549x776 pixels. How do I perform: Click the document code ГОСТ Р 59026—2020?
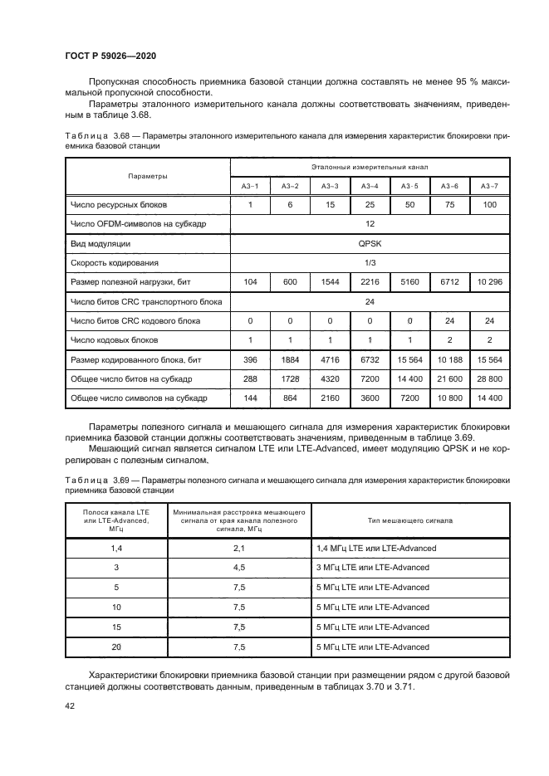(110, 56)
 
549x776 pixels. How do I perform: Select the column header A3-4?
(370, 186)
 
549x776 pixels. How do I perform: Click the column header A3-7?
(490, 186)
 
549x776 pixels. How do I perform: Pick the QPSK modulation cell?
(370, 244)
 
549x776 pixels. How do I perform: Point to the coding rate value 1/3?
(370, 263)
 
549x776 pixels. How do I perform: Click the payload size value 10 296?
(490, 282)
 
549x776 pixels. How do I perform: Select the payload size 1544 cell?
(330, 282)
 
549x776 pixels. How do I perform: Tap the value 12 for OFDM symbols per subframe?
(370, 224)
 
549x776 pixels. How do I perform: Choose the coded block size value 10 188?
(450, 359)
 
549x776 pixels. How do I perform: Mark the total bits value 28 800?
(490, 378)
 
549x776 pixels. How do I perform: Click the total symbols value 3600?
(370, 398)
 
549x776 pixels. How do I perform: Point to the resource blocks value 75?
(450, 204)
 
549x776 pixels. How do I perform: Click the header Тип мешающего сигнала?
(409, 520)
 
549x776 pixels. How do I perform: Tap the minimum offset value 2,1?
(239, 549)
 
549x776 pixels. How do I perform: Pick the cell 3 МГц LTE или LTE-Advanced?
(373, 568)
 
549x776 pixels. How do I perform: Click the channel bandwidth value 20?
(116, 647)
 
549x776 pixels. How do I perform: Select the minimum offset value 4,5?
(239, 568)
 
